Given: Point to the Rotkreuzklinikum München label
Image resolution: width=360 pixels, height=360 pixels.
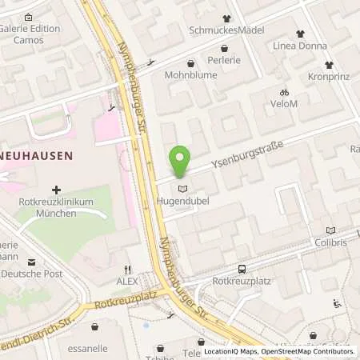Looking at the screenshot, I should [x=56, y=208].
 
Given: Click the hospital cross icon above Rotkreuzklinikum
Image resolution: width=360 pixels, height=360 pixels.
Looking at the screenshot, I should [x=56, y=190].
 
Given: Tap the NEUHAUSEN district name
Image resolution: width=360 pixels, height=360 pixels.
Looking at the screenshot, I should [x=36, y=155].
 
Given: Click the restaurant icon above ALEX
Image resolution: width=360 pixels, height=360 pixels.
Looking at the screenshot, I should [x=126, y=270].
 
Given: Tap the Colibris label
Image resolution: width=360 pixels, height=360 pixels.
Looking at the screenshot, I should [x=330, y=243].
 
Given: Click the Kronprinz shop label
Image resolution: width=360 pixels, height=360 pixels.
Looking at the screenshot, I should [x=329, y=76].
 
